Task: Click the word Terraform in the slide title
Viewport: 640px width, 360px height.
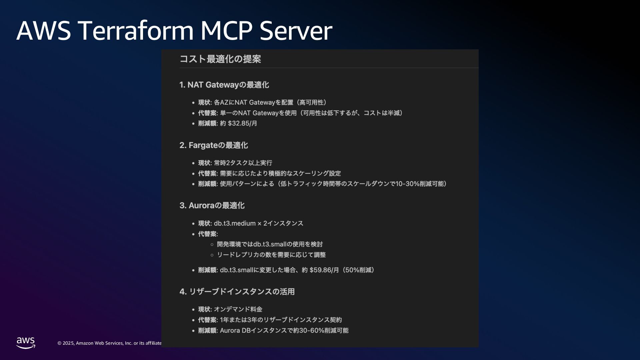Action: [136, 31]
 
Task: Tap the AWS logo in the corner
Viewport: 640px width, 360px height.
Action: [26, 343]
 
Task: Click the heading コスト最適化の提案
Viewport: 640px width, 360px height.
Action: [220, 59]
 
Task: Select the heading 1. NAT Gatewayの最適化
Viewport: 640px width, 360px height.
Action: [224, 85]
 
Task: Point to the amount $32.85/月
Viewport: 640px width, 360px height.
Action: [242, 123]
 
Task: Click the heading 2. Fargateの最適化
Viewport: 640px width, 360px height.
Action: [213, 145]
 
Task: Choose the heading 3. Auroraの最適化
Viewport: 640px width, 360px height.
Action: [212, 206]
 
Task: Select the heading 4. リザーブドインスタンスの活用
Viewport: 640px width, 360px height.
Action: [237, 292]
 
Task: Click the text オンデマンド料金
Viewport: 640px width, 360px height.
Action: [238, 309]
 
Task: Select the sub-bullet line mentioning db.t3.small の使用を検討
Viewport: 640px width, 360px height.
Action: [270, 244]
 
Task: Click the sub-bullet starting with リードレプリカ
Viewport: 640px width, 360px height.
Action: [271, 255]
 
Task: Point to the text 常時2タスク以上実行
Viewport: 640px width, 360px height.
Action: [243, 163]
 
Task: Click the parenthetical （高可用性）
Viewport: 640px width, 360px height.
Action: [312, 102]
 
